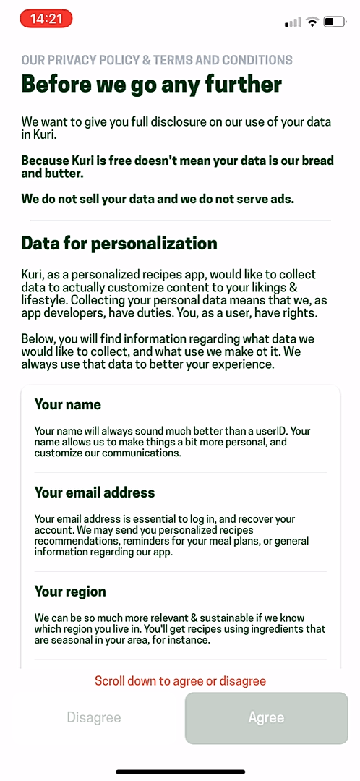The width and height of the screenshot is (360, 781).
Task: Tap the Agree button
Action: (x=266, y=718)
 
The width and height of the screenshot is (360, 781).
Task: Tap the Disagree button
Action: (x=94, y=718)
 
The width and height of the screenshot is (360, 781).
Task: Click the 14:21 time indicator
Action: (x=46, y=20)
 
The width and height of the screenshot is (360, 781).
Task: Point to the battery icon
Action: (x=334, y=22)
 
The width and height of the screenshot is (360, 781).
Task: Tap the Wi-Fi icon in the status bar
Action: (x=312, y=22)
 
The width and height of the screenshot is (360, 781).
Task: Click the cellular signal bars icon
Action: (x=293, y=22)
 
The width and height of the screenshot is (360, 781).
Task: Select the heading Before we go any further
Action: (x=152, y=85)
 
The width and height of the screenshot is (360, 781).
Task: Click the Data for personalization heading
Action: (x=119, y=243)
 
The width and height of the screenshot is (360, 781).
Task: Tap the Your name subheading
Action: (x=68, y=404)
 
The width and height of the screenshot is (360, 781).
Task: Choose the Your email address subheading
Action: (x=95, y=492)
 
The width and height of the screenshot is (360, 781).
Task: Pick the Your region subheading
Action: (x=70, y=592)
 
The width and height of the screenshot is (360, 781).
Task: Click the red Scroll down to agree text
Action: (x=180, y=681)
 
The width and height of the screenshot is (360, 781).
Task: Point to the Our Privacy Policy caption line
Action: (x=157, y=60)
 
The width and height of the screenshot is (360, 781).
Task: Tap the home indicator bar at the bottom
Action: (x=180, y=772)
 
